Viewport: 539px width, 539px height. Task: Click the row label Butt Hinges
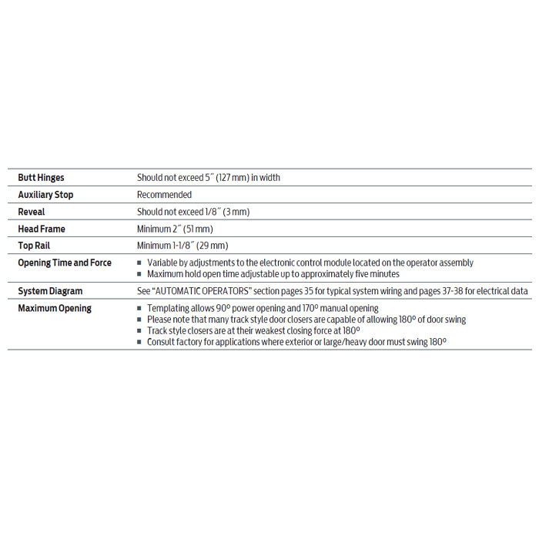click(42, 178)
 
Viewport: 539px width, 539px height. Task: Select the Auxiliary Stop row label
click(45, 195)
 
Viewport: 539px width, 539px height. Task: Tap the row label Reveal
click(32, 212)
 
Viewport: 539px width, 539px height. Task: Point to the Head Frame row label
click(42, 229)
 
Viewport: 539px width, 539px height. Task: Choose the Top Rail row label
click(35, 246)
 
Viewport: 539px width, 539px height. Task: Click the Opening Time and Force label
click(65, 263)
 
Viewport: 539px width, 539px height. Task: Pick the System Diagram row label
click(50, 291)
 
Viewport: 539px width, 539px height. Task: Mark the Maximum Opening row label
click(55, 308)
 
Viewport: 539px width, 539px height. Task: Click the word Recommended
click(164, 195)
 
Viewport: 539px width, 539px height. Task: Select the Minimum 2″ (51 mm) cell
click(175, 229)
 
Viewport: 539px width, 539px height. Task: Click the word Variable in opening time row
click(162, 263)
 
